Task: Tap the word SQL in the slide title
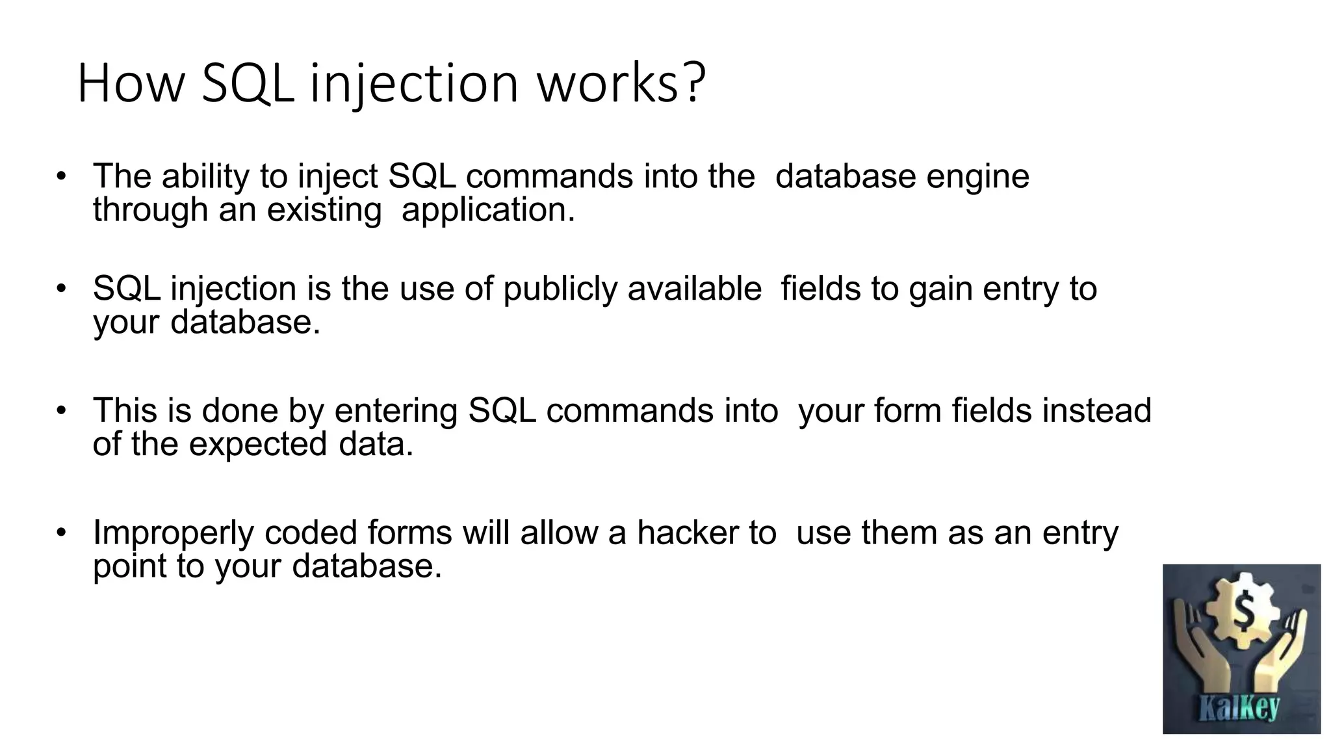247,83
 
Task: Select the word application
488,211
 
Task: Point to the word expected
257,445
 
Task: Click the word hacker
687,532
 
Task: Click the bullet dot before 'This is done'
61,410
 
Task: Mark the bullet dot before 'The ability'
61,176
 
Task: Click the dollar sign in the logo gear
1243,611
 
